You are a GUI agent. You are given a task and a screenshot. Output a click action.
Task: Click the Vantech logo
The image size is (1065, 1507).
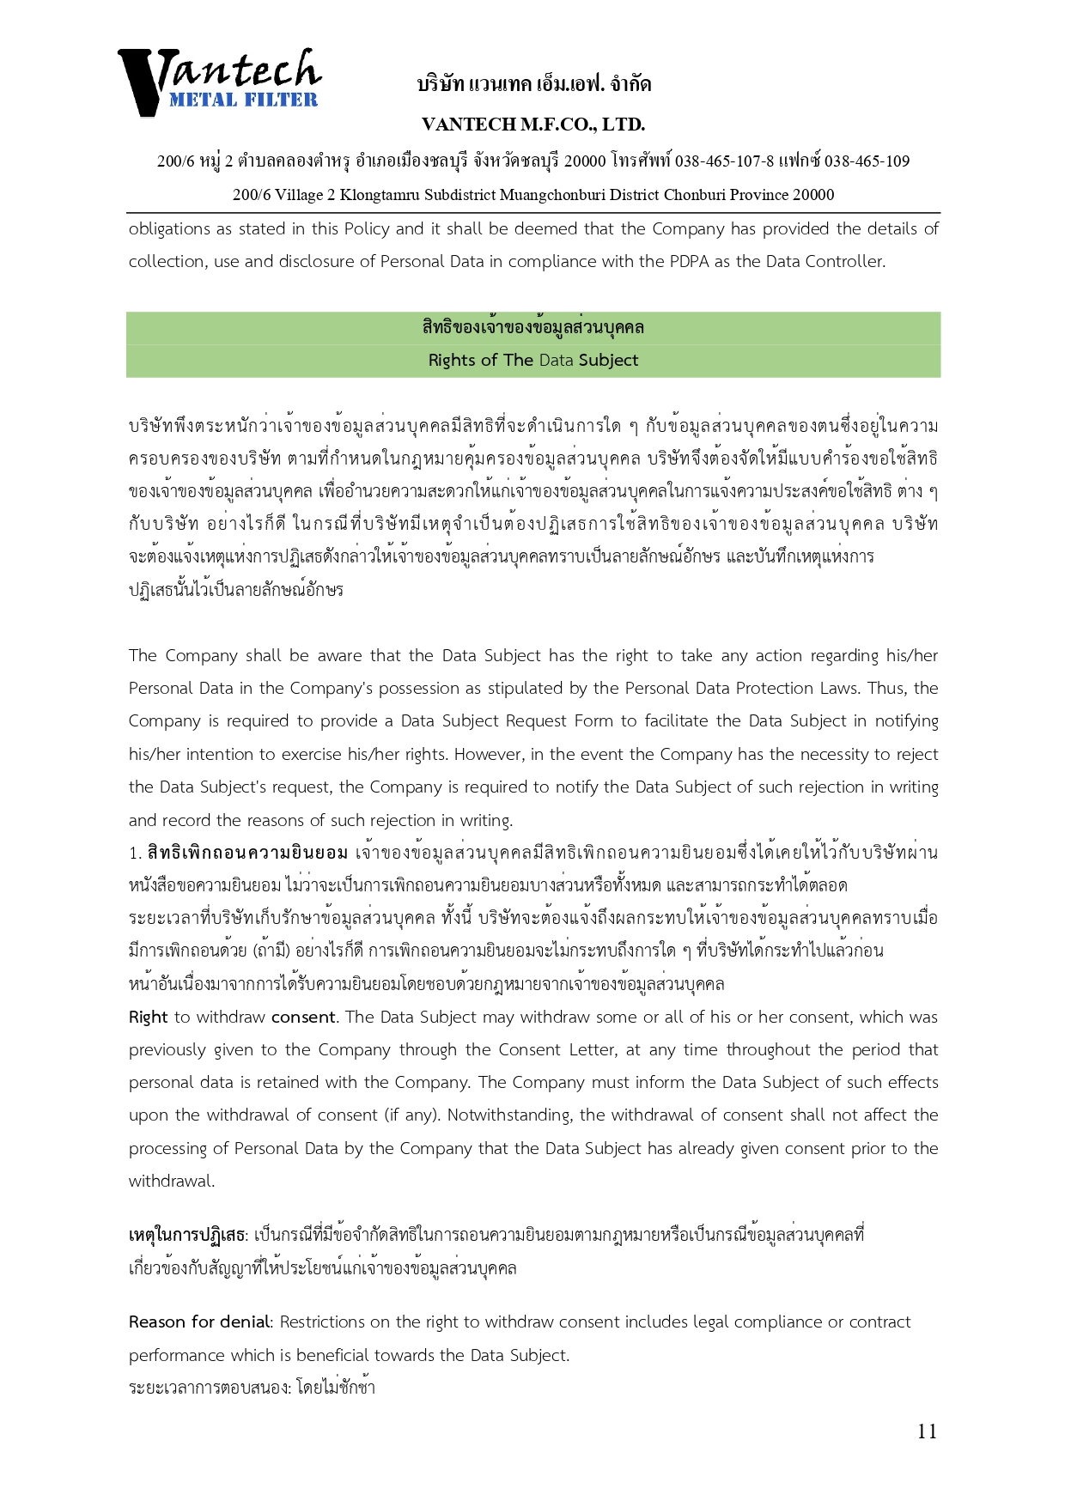219,81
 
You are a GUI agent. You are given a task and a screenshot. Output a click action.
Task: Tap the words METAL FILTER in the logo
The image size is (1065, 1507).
243,100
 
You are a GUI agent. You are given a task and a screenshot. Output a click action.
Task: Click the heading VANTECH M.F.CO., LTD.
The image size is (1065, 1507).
533,125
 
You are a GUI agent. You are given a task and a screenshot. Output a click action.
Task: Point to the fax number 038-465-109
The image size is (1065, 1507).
867,161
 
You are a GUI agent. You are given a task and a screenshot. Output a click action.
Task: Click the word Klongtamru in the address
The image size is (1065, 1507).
375,195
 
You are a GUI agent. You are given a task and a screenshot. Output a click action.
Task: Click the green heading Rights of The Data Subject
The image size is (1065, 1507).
533,361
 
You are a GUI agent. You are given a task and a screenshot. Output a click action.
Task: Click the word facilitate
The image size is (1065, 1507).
679,721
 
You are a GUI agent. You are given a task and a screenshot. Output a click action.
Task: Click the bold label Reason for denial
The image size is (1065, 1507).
200,1322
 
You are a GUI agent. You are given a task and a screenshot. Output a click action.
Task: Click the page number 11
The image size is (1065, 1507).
927,1431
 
